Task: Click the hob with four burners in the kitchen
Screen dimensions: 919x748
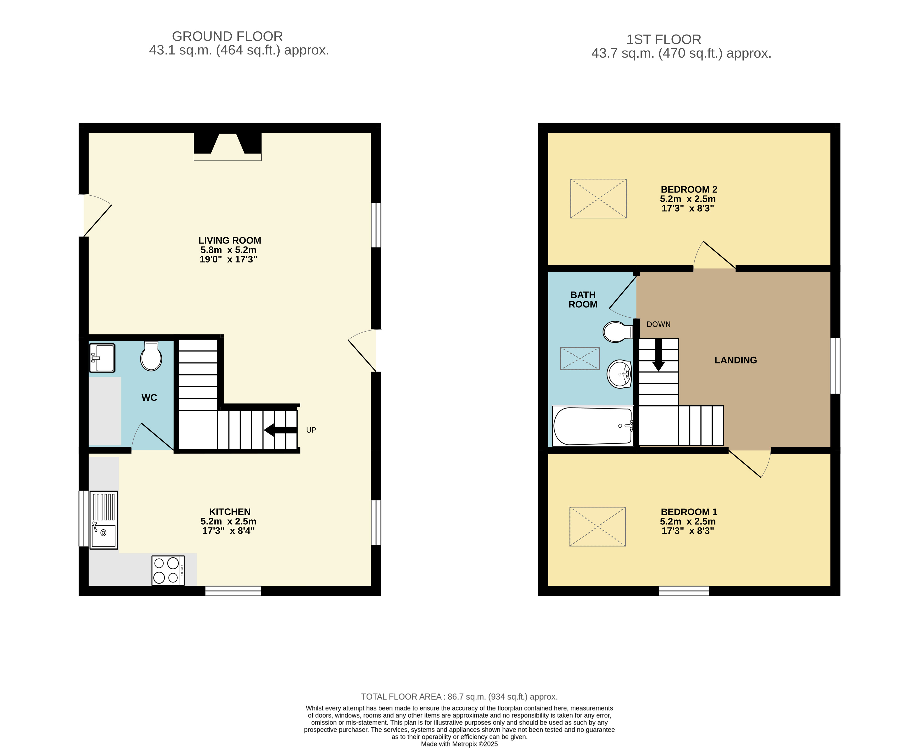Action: coord(168,570)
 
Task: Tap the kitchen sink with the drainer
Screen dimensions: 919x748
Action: coord(104,520)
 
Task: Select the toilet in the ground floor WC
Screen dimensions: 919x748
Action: coord(151,356)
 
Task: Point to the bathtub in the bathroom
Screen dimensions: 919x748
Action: coord(593,426)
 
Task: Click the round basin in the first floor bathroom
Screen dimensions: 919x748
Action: coord(619,374)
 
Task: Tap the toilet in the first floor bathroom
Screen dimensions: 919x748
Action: coord(618,332)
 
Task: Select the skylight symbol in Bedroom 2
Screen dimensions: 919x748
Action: coord(598,199)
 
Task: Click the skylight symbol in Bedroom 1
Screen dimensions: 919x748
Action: coord(597,526)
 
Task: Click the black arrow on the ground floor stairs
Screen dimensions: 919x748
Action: coord(280,430)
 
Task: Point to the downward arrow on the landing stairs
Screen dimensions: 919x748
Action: coord(658,355)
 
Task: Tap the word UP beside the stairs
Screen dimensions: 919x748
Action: coord(311,430)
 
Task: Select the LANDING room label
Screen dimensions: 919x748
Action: coord(735,360)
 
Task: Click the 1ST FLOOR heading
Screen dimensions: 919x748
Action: coord(664,40)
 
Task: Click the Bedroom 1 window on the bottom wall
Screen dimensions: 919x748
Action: coord(684,591)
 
